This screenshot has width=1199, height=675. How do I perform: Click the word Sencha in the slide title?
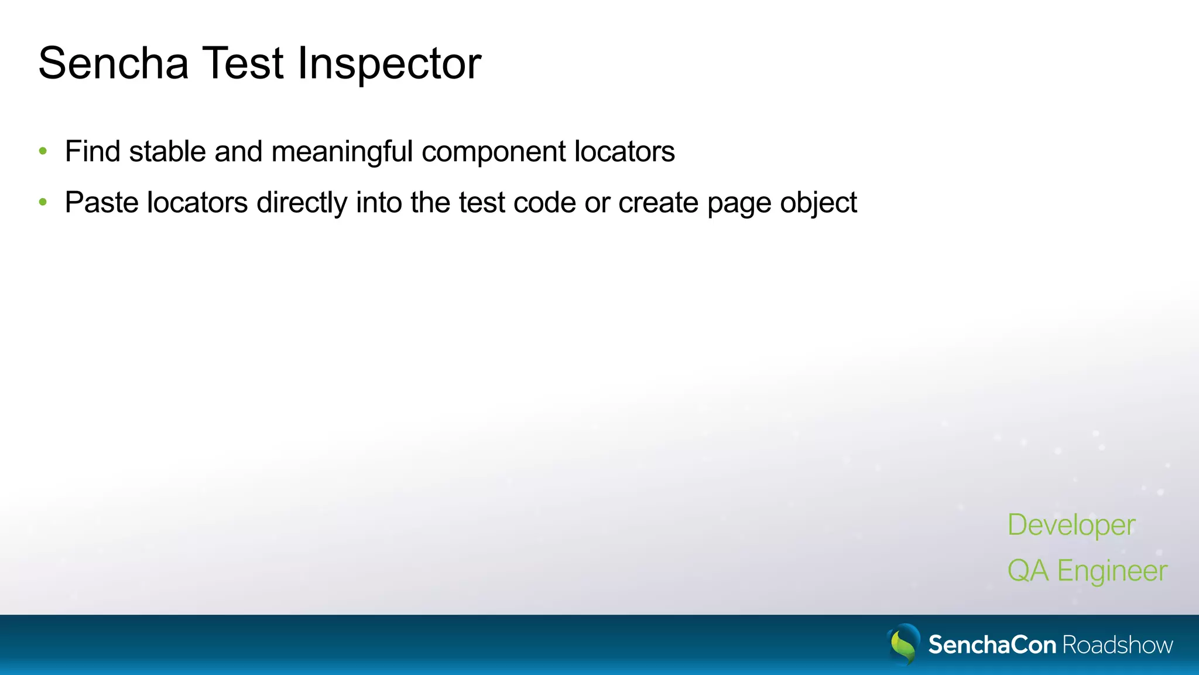[x=114, y=63]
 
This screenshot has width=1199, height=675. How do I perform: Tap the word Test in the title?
[x=243, y=63]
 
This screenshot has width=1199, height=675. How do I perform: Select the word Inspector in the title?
[x=389, y=63]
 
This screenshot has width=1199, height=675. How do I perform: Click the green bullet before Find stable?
[x=43, y=152]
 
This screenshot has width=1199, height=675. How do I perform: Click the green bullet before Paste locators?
[x=43, y=203]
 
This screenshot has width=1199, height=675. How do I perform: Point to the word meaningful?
[x=342, y=152]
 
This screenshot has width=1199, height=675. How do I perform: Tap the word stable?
[x=167, y=152]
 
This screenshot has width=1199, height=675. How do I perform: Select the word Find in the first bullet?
[x=93, y=152]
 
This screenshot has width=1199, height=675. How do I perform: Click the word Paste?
[x=101, y=203]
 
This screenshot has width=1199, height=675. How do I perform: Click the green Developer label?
[x=1071, y=525]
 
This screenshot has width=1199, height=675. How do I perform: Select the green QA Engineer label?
[x=1087, y=571]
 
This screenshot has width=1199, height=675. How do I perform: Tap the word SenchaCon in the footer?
[x=992, y=645]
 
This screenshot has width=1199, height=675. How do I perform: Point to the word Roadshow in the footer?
[x=1118, y=645]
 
